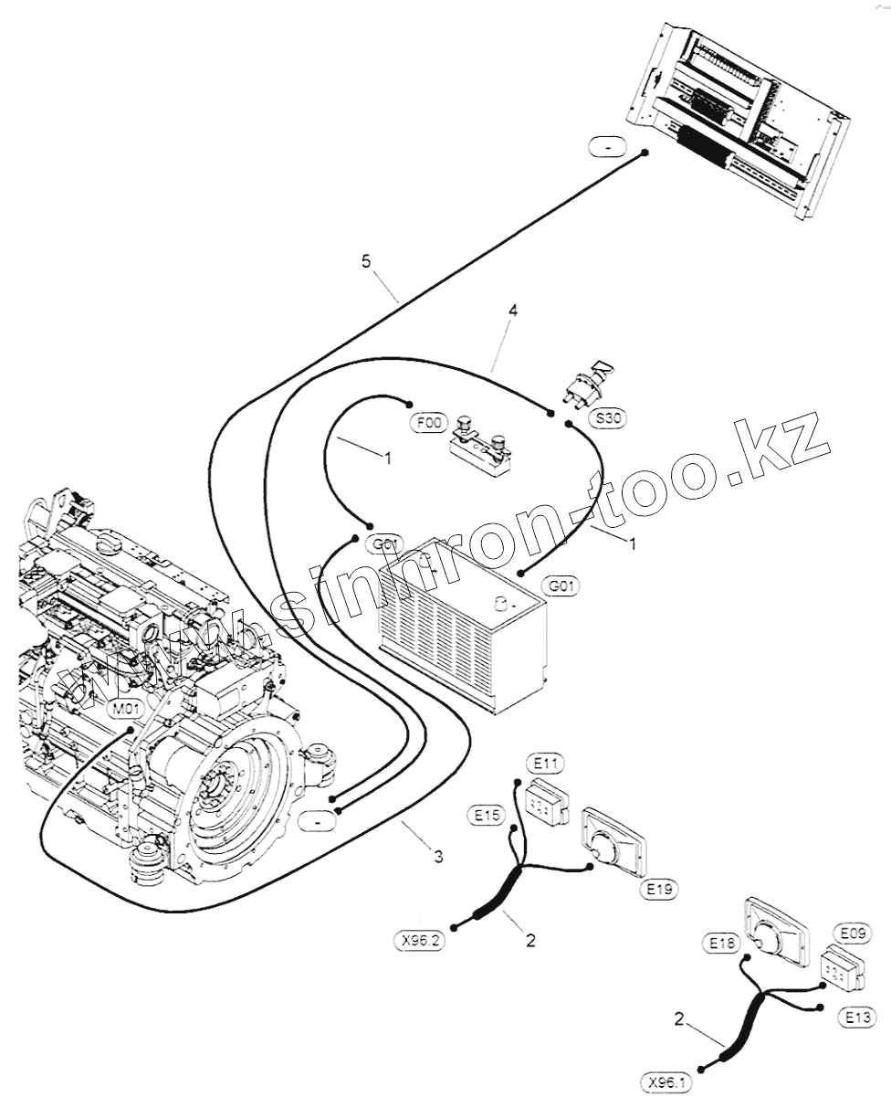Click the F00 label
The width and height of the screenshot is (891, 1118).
429,423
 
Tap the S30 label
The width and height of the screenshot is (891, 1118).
609,418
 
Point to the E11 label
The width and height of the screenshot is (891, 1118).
546,763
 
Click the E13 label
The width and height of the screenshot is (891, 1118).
857,1018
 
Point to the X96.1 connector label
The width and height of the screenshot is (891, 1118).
666,1083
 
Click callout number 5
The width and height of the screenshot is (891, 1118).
366,262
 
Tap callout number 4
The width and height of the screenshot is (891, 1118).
513,311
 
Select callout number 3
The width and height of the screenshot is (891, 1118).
439,856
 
